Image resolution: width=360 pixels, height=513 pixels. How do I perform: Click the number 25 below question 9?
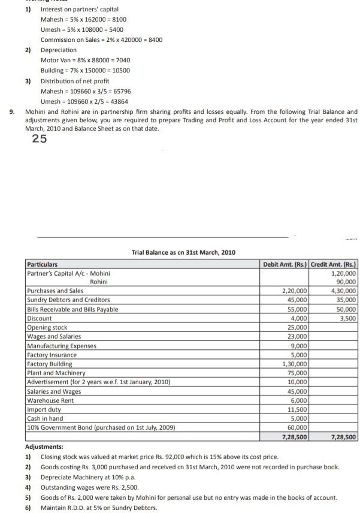point(40,139)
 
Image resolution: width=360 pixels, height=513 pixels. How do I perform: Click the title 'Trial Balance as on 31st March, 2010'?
point(183,252)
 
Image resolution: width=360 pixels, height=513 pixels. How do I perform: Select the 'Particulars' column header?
point(46,264)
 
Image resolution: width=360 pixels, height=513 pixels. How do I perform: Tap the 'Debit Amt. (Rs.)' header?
point(285,264)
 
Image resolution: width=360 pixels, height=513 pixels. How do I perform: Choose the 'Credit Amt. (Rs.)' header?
point(334,264)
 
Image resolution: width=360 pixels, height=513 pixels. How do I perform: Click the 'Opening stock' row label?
point(47,328)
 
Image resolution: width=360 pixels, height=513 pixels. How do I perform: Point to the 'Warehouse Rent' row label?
point(50,400)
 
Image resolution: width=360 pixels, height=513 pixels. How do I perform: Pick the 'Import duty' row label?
point(45,409)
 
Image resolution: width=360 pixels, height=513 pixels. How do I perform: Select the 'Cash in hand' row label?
point(45,418)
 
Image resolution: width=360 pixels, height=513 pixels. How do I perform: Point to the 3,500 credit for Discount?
point(347,319)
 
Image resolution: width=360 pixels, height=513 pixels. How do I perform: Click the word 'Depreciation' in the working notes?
point(59,50)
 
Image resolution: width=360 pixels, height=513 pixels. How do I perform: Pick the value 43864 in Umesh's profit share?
point(117,101)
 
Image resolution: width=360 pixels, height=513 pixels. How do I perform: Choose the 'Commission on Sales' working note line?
point(101,40)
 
